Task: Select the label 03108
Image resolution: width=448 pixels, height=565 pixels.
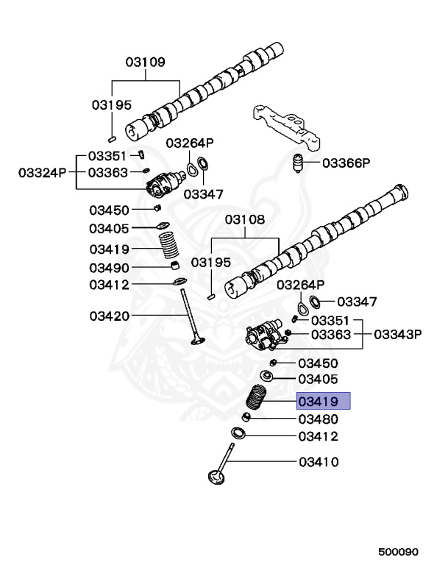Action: coord(245,219)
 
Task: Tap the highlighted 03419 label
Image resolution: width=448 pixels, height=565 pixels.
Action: coord(323,401)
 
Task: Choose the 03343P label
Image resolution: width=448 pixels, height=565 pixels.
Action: coord(398,334)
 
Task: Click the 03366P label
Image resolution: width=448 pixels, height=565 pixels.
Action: coord(346,163)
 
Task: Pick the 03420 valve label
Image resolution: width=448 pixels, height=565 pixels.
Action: coord(110,316)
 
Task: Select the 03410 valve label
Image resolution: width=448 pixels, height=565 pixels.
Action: coord(318,462)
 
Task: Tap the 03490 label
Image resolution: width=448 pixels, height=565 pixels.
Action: coord(110,267)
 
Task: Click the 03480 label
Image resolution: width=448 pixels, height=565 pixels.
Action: coord(318,419)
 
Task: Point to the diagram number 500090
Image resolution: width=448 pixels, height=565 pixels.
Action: coord(398,550)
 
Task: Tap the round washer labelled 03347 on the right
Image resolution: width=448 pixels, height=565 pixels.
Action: coord(313,301)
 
